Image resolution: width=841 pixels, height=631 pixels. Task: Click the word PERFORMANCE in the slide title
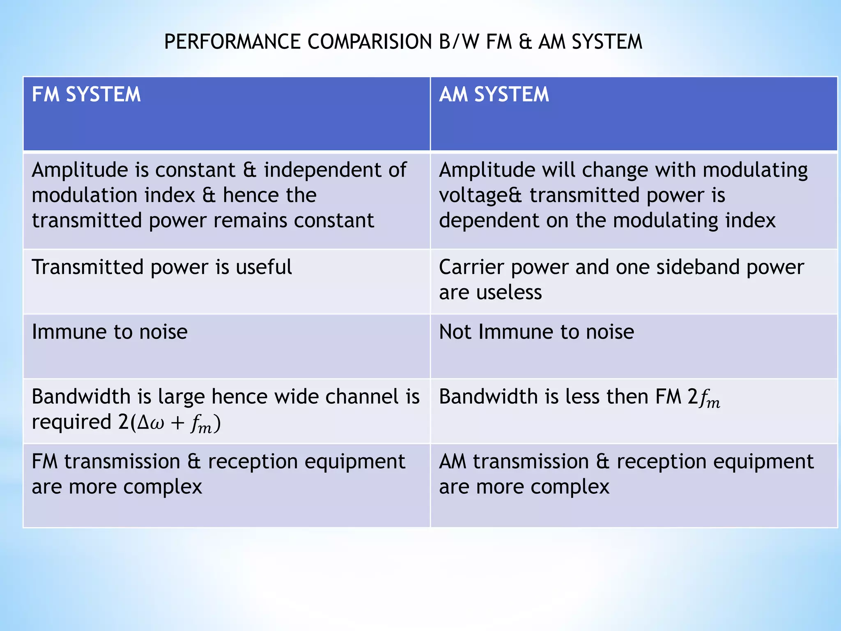click(x=232, y=42)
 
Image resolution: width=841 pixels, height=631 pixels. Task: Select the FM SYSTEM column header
click(x=86, y=94)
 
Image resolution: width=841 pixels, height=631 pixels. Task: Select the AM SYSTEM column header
click(x=494, y=94)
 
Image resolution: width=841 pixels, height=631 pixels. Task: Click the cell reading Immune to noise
click(x=110, y=332)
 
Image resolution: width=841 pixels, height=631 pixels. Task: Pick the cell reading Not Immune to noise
click(x=536, y=332)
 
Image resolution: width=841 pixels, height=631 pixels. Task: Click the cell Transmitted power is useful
click(x=162, y=267)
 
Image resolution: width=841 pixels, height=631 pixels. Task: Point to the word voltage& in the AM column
click(x=480, y=196)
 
